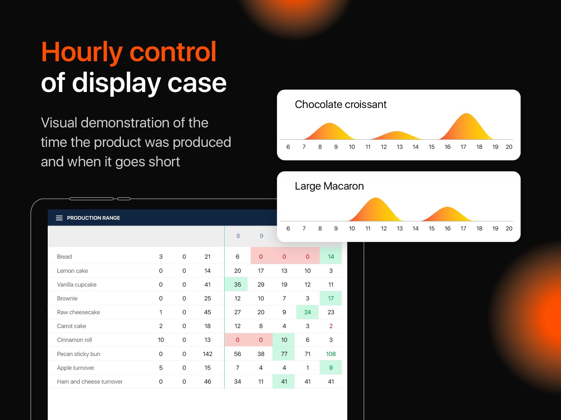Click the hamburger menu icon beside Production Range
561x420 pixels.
pos(59,218)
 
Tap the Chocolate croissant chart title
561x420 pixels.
pos(340,105)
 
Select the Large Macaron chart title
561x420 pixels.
pos(329,186)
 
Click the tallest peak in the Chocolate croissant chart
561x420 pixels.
pos(466,114)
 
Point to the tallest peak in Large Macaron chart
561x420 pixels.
pos(376,198)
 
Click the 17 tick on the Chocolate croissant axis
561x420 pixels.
pos(463,147)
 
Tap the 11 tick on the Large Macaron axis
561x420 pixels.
pos(368,229)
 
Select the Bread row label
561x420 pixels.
pos(64,257)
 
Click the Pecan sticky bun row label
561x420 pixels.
pos(79,354)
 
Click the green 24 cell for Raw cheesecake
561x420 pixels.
pos(307,312)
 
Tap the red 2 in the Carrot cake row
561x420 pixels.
pos(331,326)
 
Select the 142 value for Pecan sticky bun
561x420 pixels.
pos(208,354)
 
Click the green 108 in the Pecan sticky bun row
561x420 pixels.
pos(331,354)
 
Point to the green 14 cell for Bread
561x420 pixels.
pos(331,256)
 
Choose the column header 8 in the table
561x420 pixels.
pos(238,236)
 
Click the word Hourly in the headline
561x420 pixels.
pos(82,53)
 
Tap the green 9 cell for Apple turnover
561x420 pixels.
pos(331,368)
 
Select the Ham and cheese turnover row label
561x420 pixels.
pos(90,382)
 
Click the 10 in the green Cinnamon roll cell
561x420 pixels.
pos(284,340)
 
